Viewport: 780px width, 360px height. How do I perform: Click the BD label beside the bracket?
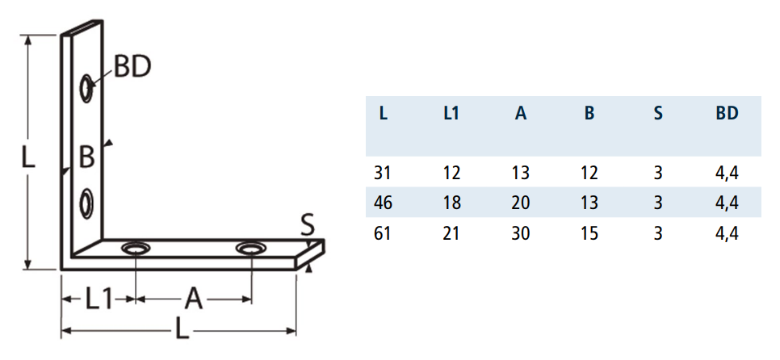click(x=132, y=66)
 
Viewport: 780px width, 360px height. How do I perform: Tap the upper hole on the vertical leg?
click(x=87, y=89)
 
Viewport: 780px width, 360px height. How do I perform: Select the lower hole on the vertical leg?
click(x=87, y=203)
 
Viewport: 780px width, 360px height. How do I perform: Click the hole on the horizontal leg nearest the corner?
click(x=136, y=248)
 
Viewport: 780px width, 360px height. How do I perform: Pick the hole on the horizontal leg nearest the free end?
click(x=250, y=248)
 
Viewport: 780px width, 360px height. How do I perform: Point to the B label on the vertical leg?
click(x=86, y=157)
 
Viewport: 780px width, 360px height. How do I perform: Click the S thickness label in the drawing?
click(x=308, y=224)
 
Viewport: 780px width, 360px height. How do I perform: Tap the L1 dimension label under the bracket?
click(x=98, y=299)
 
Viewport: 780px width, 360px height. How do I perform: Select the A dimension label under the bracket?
click(x=194, y=299)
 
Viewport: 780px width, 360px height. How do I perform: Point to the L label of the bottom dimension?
click(x=182, y=329)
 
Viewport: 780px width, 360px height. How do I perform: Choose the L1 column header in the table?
click(x=451, y=114)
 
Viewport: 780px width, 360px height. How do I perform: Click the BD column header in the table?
click(x=727, y=114)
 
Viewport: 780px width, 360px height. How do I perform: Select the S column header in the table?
click(x=658, y=114)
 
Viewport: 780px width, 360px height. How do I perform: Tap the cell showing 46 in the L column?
click(x=383, y=203)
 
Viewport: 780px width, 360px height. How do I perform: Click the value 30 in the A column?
click(x=520, y=233)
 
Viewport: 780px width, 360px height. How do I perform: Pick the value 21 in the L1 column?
click(x=451, y=233)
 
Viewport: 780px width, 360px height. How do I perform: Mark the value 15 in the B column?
click(x=589, y=233)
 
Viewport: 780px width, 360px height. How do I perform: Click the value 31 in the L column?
click(x=383, y=173)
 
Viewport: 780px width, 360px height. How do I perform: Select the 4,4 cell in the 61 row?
click(x=727, y=233)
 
